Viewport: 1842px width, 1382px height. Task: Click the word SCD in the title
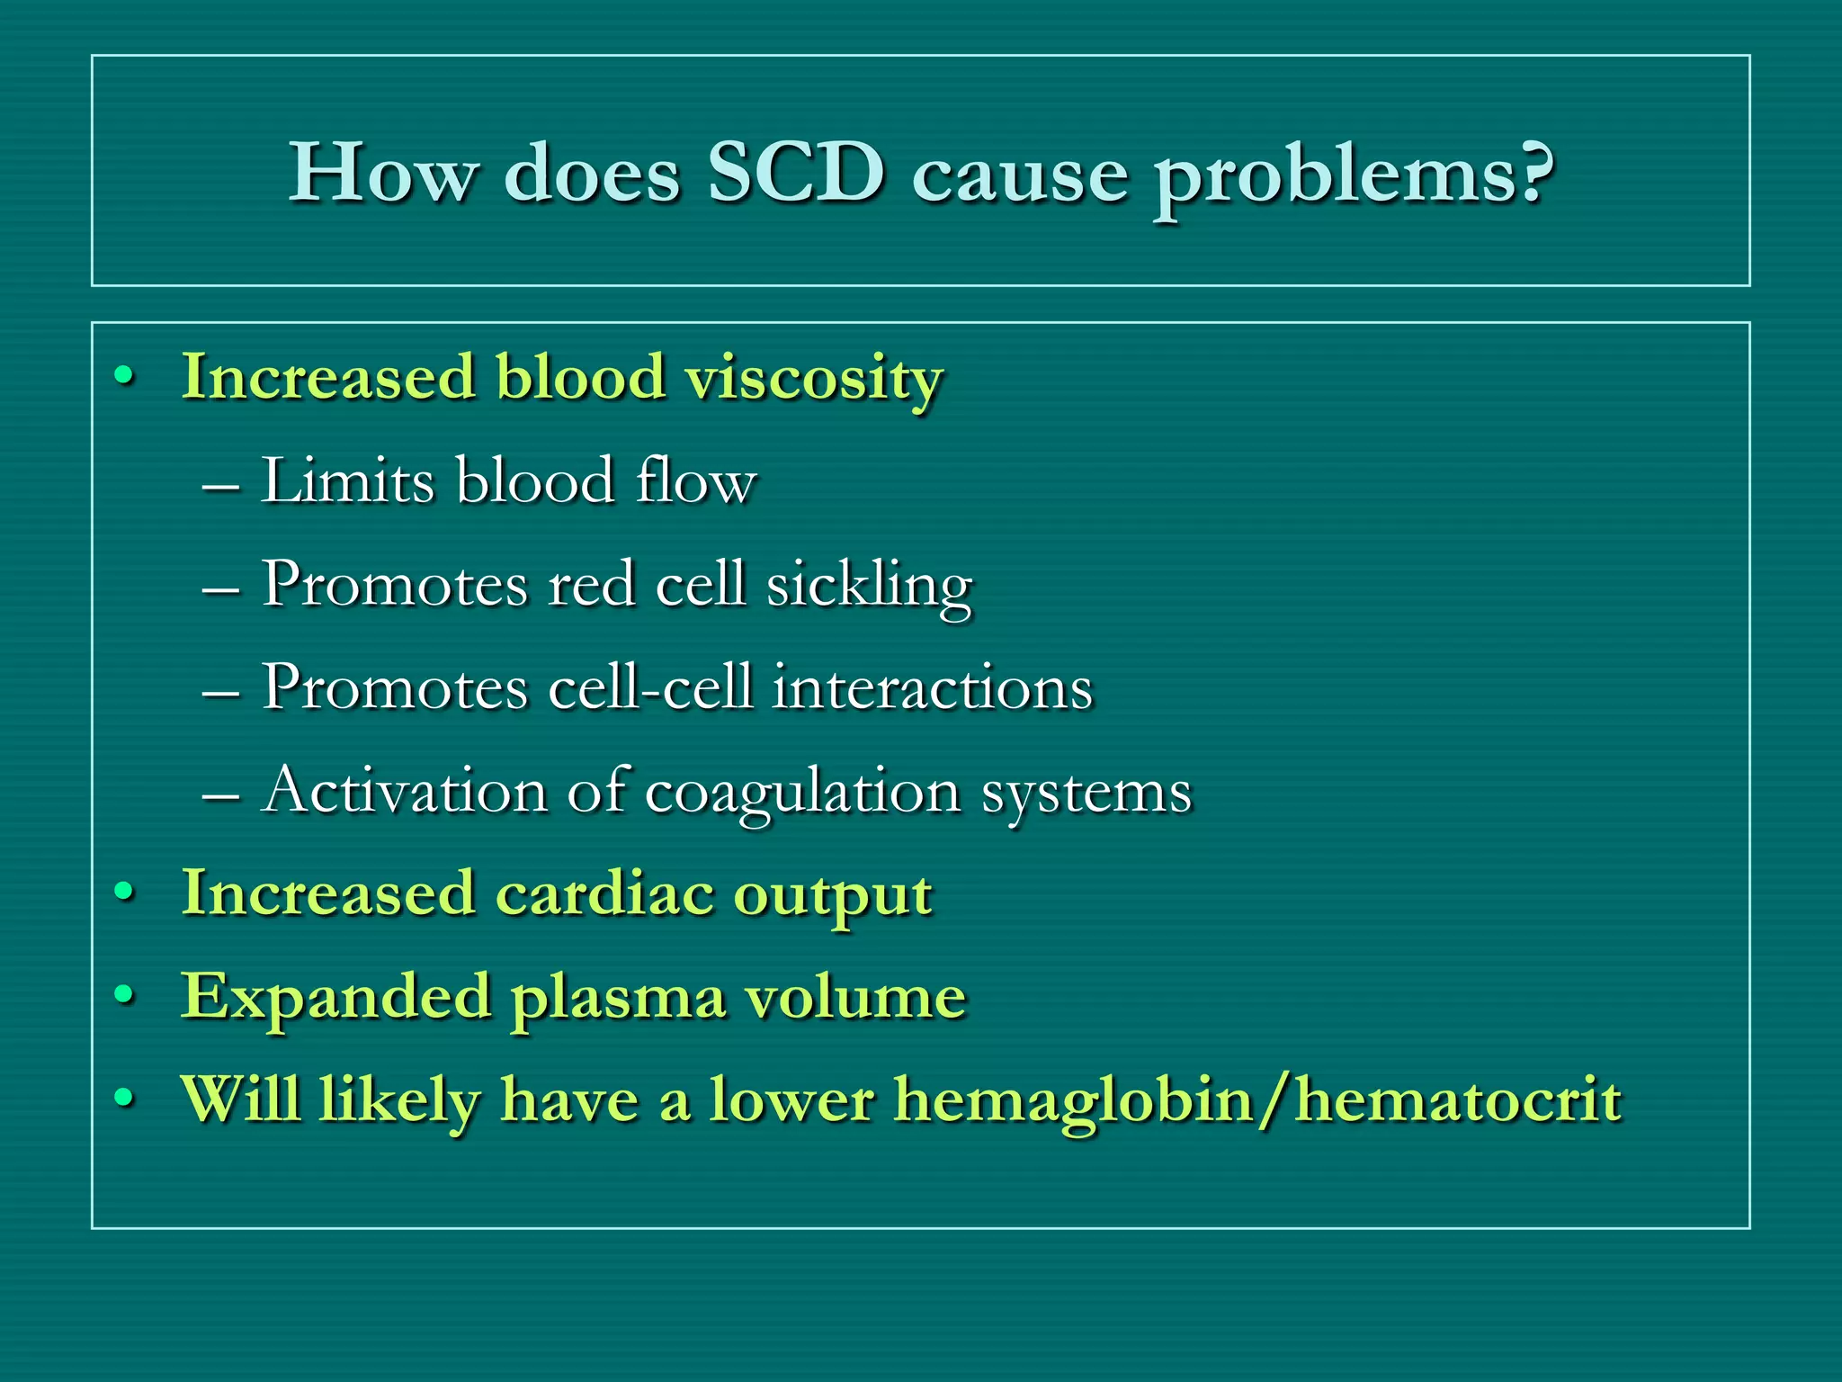795,172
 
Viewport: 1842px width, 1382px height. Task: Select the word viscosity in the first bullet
814,378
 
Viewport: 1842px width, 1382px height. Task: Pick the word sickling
869,586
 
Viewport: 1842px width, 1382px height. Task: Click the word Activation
405,791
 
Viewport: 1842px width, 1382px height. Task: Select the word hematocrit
1459,1099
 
